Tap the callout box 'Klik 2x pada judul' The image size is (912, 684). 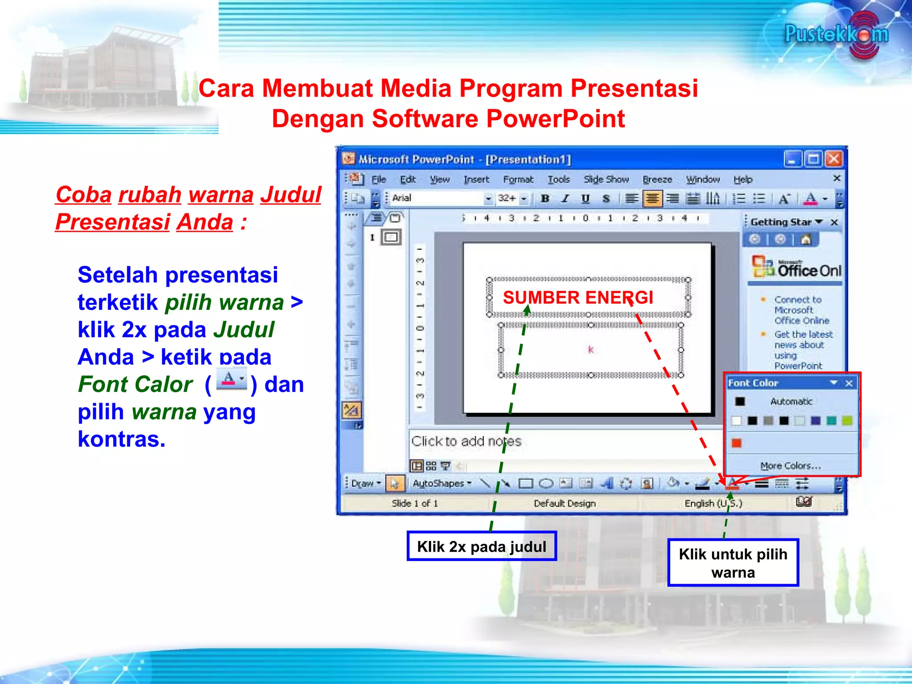coord(481,546)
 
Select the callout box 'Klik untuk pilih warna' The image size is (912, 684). coord(733,563)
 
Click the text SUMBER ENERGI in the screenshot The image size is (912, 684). coord(578,297)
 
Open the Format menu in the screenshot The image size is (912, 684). coord(518,179)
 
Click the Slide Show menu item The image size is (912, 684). coord(606,179)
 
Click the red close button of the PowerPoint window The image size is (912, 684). coord(833,159)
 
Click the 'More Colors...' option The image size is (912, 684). coord(790,466)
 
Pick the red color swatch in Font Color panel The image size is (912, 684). coord(737,443)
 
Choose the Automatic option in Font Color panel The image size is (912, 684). coord(791,402)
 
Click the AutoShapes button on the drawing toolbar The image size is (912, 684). coord(441,484)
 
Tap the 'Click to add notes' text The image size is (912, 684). coord(466,441)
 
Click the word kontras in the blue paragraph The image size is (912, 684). coord(121,439)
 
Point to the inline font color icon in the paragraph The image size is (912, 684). coord(231,380)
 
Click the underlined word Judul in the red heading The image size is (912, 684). coord(290,195)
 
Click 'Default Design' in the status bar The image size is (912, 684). coord(564,504)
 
